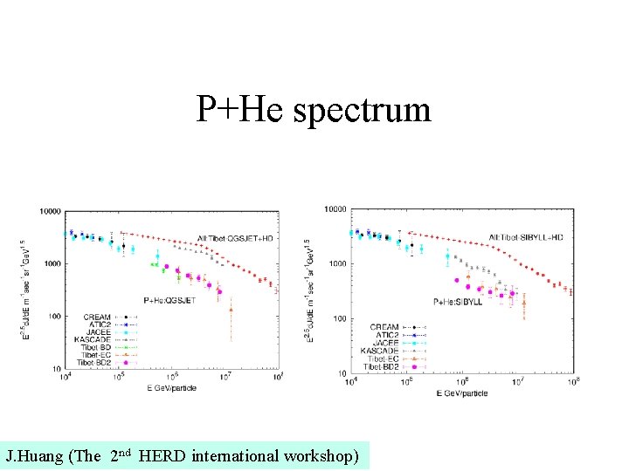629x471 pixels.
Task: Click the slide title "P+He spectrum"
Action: (314, 110)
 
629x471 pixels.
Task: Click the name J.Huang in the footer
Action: (33, 455)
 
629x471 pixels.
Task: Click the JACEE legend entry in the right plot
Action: (384, 342)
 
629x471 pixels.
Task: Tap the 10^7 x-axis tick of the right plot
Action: (518, 380)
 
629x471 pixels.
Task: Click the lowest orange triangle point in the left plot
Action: (232, 309)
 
